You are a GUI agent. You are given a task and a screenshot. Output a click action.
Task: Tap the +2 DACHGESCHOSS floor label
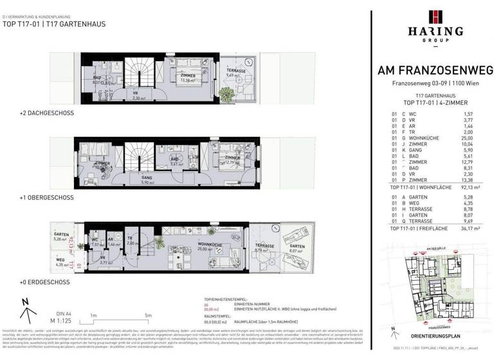coord(47,113)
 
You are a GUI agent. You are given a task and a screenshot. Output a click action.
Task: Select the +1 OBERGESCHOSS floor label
coord(47,198)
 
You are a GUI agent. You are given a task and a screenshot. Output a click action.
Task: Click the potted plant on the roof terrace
coord(226,94)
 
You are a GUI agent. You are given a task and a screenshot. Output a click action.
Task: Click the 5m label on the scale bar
coord(149,315)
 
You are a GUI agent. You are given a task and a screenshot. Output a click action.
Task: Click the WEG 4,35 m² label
coord(62,262)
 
